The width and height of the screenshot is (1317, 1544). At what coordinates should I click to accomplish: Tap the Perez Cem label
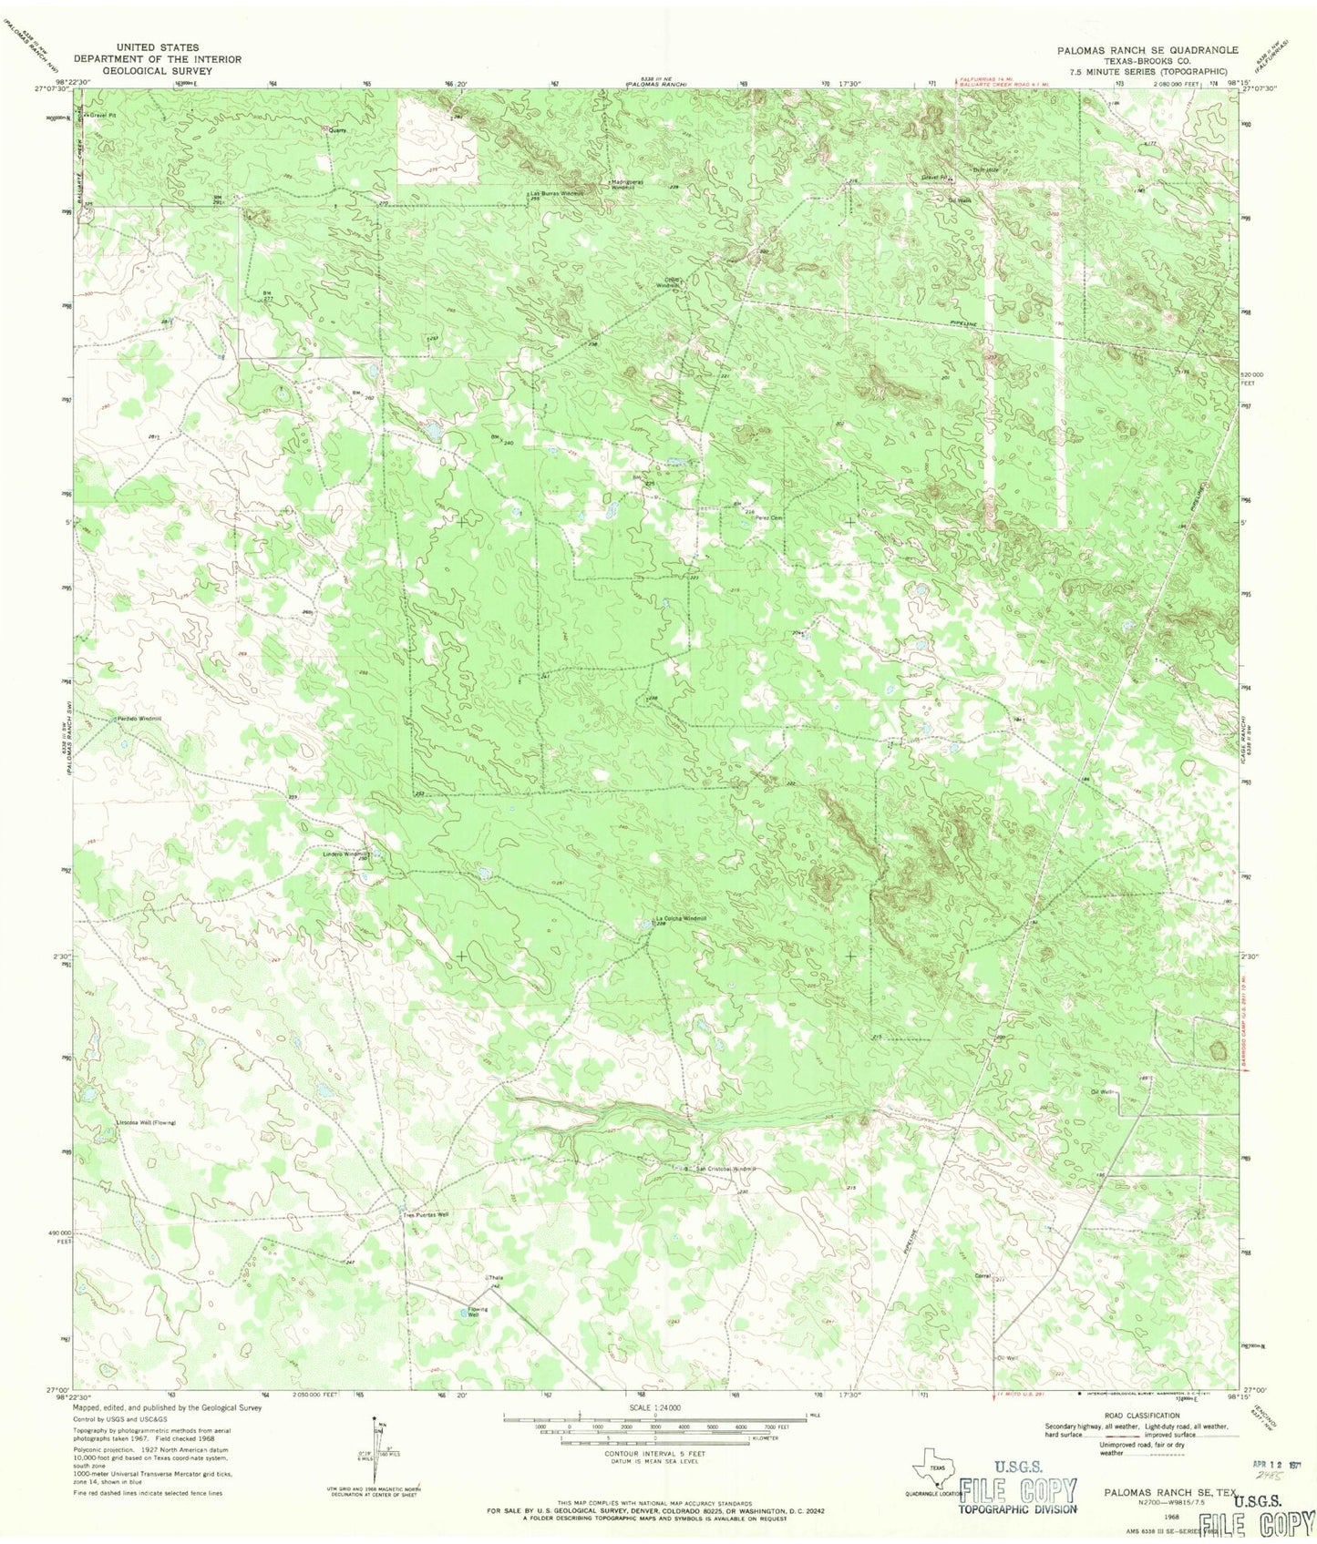point(766,518)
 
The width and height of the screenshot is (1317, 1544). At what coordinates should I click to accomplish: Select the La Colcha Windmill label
point(681,918)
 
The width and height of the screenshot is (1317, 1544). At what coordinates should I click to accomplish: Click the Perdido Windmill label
point(138,720)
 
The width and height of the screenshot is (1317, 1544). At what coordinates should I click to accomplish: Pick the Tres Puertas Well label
point(426,1215)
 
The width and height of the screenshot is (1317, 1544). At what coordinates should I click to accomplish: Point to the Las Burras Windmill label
point(555,194)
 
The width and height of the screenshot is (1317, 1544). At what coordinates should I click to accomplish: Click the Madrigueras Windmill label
point(628,183)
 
